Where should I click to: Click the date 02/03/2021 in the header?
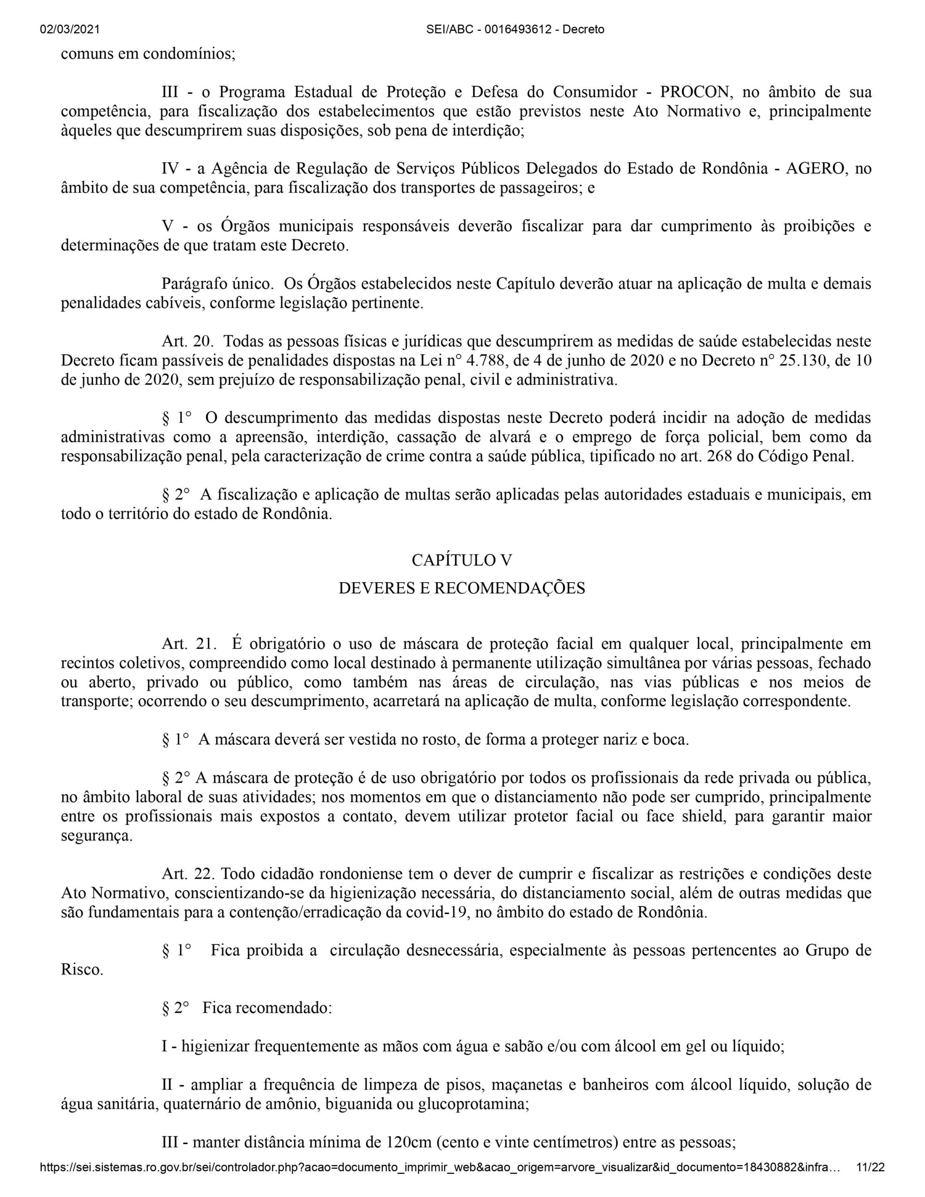(70, 29)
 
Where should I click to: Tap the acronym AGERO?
(817, 168)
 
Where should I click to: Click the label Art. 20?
(186, 341)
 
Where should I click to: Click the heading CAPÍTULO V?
(462, 560)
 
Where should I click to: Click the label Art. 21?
(186, 643)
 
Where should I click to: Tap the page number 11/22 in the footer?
(870, 1179)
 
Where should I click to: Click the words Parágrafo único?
(217, 284)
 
